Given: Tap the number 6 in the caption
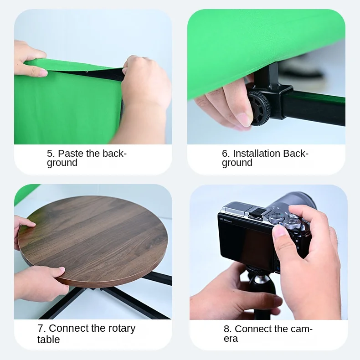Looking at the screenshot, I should (226, 154).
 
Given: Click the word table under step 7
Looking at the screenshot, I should (49, 339).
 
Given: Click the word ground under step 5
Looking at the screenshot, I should (62, 163).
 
